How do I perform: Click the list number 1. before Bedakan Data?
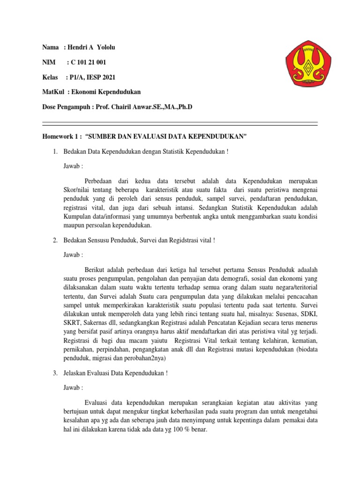(x=55, y=151)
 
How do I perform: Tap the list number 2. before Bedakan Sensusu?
(x=55, y=240)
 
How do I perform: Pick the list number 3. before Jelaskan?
(x=55, y=374)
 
